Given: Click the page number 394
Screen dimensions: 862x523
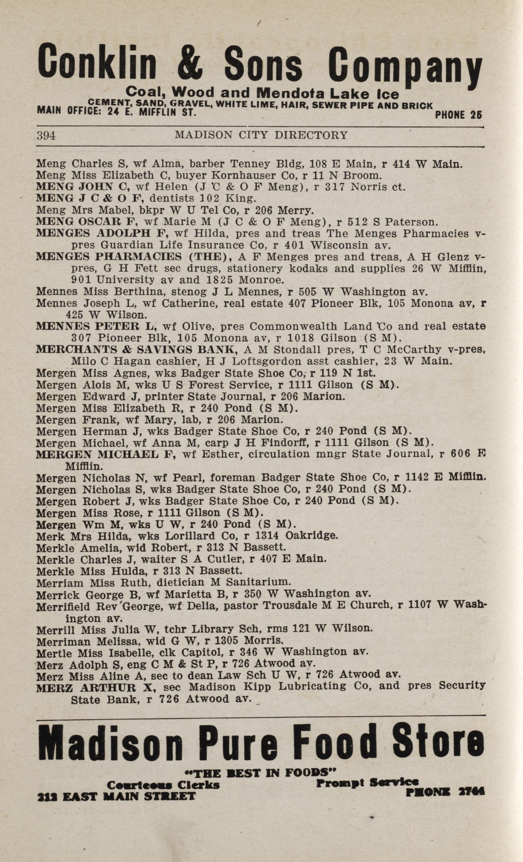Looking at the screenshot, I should [46, 135].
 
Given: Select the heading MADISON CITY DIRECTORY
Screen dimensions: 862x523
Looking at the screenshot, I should [261, 135].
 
